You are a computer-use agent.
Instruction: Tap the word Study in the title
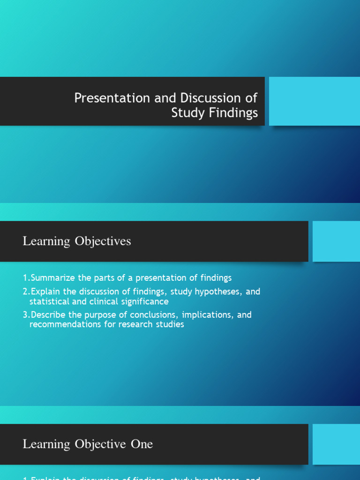186,113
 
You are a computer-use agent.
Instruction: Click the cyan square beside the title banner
314,101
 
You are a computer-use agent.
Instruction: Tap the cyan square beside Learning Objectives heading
336,241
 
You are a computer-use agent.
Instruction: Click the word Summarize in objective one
53,278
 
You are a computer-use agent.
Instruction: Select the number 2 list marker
25,292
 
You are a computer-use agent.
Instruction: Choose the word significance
146,301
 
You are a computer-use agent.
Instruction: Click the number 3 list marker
25,315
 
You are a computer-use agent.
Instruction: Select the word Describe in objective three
48,315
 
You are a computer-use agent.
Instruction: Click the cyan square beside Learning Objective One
336,444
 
